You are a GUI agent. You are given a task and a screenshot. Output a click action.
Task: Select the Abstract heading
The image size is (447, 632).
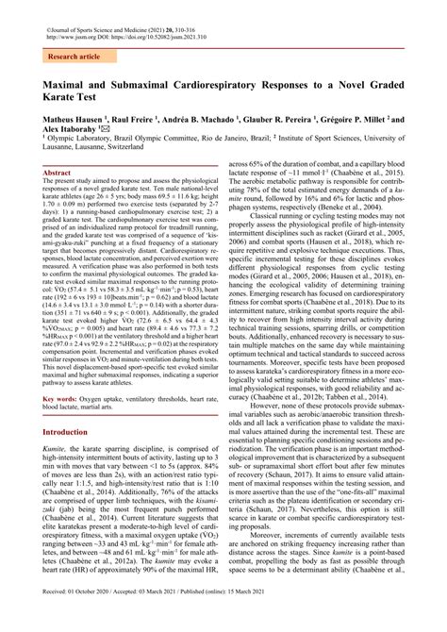tap(58, 174)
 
